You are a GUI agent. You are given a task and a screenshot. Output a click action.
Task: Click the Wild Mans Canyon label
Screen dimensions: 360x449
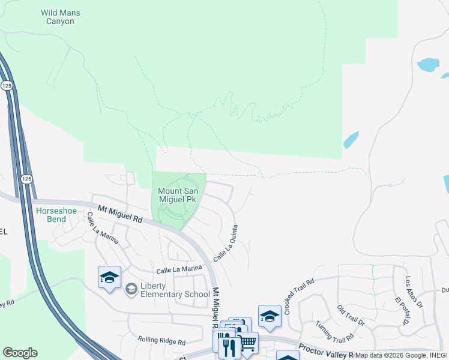tap(61, 17)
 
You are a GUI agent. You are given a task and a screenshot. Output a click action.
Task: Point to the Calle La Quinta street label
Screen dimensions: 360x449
tap(226, 242)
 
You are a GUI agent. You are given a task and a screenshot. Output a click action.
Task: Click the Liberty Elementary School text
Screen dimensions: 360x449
tap(175, 290)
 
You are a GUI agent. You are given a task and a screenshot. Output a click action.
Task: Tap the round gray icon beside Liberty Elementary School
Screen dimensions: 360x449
tap(131, 290)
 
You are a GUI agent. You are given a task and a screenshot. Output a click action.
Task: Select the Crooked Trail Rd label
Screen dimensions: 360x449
tap(300, 296)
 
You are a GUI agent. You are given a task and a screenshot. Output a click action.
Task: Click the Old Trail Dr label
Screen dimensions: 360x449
tap(351, 315)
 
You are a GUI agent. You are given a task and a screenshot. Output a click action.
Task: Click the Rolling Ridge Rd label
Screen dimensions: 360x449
tap(161, 340)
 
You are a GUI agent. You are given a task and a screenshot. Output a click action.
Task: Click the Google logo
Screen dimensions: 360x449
tap(20, 353)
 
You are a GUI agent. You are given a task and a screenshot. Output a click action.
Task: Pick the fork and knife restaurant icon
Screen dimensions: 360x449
tap(228, 346)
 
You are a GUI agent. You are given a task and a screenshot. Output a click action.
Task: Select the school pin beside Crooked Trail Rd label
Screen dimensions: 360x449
tap(270, 316)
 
